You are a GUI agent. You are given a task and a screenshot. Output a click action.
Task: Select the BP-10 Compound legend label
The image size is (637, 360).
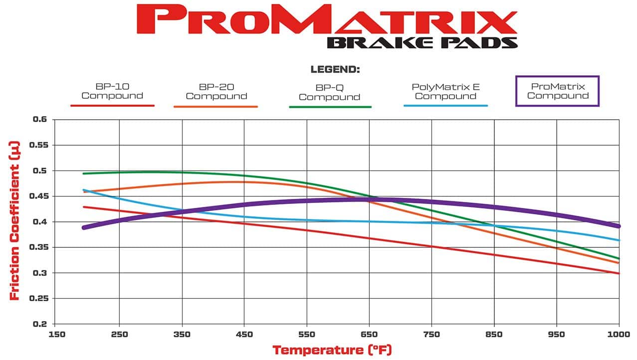112,91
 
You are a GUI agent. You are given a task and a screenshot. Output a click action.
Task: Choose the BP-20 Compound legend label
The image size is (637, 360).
216,92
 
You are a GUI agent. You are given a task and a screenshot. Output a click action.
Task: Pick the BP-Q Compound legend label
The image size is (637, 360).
329,92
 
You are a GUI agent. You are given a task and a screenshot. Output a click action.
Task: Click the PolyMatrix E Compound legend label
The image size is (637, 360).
446,91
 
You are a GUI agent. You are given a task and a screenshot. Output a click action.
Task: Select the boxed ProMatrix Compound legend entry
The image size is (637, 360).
557,91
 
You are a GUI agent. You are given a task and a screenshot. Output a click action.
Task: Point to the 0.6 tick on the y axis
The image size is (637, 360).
39,120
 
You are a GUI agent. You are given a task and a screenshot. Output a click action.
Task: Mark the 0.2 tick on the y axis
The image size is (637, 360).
39,324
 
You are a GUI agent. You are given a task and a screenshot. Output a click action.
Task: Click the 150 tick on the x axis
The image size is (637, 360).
56,334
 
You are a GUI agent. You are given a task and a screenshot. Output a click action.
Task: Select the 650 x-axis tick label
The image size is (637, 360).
369,334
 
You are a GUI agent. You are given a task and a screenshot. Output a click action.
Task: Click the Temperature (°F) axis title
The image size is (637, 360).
332,350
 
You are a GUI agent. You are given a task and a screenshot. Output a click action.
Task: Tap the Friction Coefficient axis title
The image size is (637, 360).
15,221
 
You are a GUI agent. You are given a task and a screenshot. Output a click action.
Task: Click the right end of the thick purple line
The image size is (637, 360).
618,226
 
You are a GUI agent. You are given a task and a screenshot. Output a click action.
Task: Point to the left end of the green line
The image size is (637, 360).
83,174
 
